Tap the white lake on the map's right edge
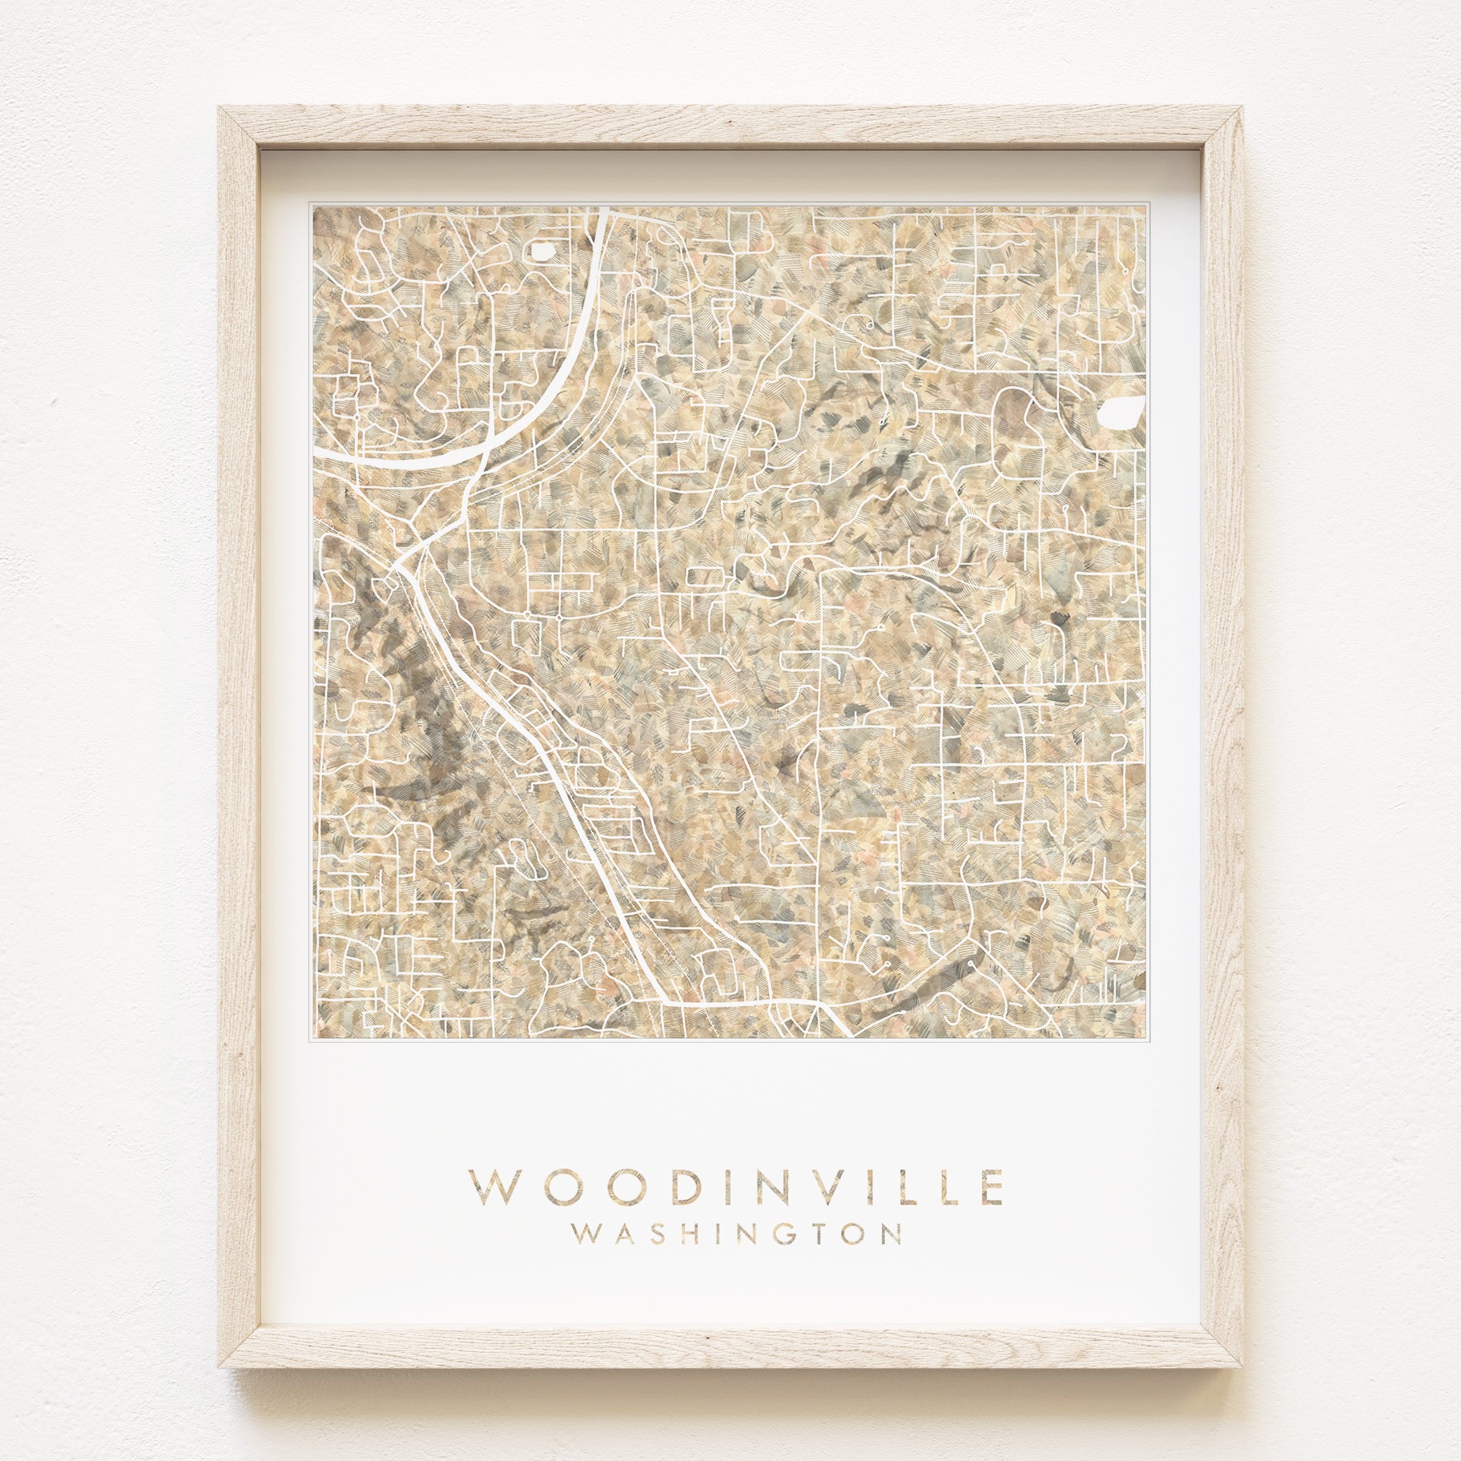point(1121,413)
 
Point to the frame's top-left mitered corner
point(239,129)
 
